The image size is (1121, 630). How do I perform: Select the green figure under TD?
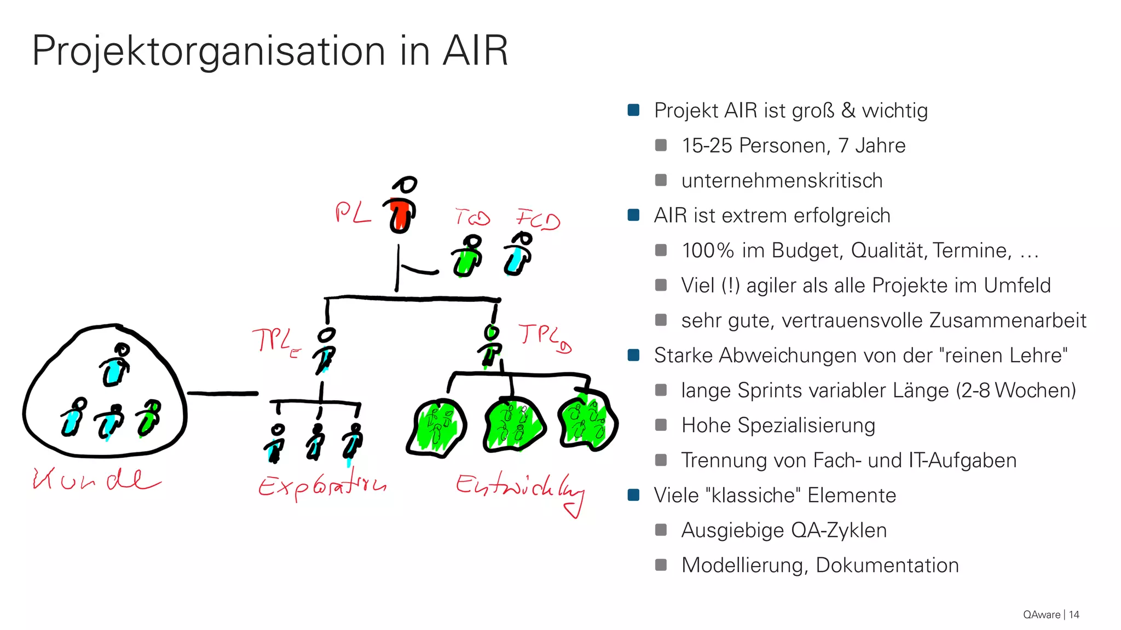[x=467, y=257]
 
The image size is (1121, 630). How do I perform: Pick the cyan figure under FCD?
[x=517, y=255]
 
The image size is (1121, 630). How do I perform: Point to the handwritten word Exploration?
[x=322, y=485]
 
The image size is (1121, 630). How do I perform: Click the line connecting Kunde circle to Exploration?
[x=222, y=393]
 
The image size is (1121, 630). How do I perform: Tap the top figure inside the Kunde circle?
[x=115, y=365]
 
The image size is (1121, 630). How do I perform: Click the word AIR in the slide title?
[x=475, y=51]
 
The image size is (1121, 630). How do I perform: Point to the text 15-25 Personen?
[x=755, y=145]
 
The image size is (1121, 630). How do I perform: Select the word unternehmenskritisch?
[x=782, y=180]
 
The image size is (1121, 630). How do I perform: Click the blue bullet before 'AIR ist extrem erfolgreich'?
[x=634, y=215]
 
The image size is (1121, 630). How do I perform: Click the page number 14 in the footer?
[x=1074, y=615]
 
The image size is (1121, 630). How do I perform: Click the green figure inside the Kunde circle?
[x=149, y=419]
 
